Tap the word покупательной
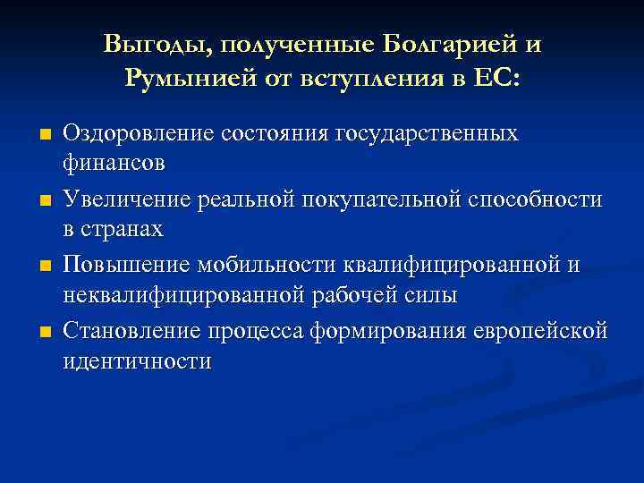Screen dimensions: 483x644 [408, 199]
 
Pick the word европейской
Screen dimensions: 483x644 [545, 332]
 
